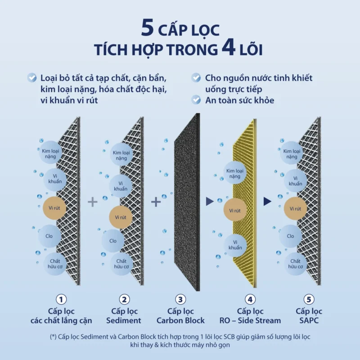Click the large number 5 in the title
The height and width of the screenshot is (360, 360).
point(148,27)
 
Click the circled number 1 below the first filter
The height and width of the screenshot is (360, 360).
point(61,299)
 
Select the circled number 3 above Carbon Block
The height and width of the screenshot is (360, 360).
point(180,299)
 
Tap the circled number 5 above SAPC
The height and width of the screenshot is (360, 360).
point(309,299)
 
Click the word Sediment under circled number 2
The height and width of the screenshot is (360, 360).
point(124,320)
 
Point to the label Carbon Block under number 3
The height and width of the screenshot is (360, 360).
point(180,320)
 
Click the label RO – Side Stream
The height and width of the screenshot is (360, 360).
point(250,320)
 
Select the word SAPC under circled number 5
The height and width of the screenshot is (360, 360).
point(309,320)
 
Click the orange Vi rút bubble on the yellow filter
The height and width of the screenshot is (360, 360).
point(235,211)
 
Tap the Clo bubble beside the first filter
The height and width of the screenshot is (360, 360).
point(49,236)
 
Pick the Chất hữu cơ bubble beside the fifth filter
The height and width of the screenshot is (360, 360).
point(296,264)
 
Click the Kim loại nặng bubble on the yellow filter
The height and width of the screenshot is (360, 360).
point(235,173)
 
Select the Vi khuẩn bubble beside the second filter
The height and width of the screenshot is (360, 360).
point(121,186)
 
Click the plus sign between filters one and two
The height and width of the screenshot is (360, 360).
point(93,202)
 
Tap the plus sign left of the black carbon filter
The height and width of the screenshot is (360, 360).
point(156,202)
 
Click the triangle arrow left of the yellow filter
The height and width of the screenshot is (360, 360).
point(210,202)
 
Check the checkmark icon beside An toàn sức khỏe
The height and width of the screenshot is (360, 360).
point(196,100)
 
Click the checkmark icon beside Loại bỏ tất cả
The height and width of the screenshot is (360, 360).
point(31,77)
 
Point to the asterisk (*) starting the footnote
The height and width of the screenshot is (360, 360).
point(53,337)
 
